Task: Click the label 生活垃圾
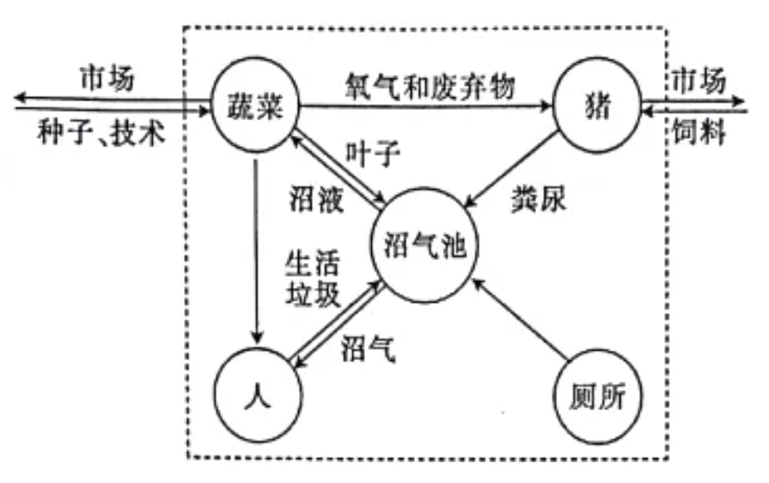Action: coord(313,277)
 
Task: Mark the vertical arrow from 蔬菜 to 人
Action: coord(255,249)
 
